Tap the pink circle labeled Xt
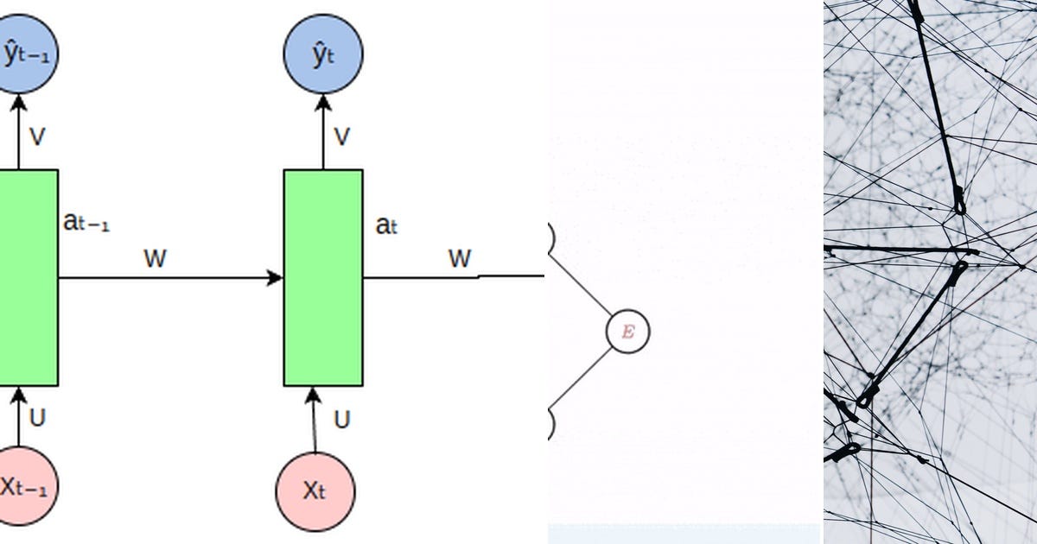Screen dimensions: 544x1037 [315, 491]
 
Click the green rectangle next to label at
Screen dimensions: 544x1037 [323, 277]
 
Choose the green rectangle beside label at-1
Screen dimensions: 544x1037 [29, 277]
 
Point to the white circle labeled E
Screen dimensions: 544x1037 [627, 332]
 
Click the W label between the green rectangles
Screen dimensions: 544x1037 [155, 258]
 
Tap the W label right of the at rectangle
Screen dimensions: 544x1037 [460, 258]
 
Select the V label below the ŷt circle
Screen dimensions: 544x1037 [342, 137]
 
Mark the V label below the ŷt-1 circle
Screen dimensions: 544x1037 [37, 137]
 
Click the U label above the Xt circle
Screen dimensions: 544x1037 [342, 420]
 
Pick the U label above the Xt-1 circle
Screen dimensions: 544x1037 [37, 418]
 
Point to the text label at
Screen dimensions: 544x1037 [386, 225]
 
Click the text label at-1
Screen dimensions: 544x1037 [86, 222]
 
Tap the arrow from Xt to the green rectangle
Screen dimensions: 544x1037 [314, 420]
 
